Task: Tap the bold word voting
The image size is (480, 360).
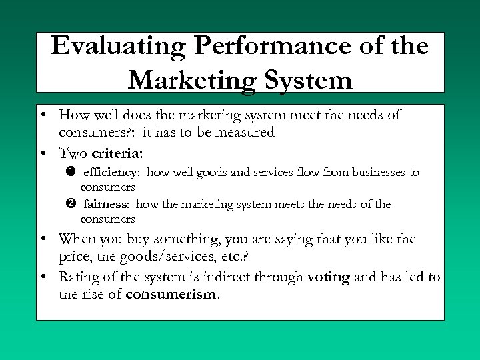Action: coord(329,277)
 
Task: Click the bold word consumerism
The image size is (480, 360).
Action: coord(171,294)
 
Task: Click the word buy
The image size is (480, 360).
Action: coord(140,239)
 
